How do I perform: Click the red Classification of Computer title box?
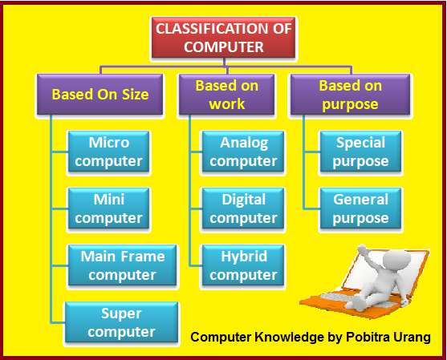click(x=224, y=38)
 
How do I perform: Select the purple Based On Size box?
click(x=100, y=95)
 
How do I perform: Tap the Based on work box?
click(x=226, y=95)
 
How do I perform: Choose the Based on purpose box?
click(x=351, y=95)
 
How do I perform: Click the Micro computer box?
click(x=108, y=152)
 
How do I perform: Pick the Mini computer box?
click(x=108, y=208)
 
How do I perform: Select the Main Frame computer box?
click(x=122, y=265)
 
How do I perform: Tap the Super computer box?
click(x=121, y=322)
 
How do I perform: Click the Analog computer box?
click(x=243, y=152)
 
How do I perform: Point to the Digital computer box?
click(x=243, y=208)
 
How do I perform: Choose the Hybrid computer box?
click(x=243, y=265)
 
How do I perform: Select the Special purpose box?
click(x=360, y=152)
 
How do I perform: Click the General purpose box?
click(x=360, y=208)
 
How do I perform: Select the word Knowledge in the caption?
click(x=289, y=338)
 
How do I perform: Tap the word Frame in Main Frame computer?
click(x=146, y=257)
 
